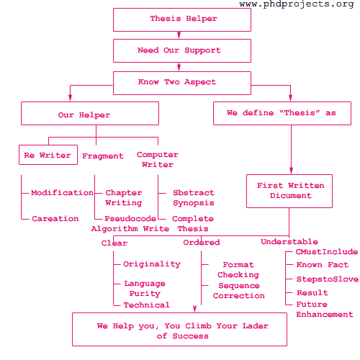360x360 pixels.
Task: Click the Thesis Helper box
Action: (x=182, y=19)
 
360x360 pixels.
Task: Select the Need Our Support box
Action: (x=182, y=51)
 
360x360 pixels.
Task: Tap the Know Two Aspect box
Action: (x=182, y=83)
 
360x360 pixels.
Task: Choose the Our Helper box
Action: (x=90, y=114)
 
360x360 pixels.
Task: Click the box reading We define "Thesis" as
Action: (x=282, y=114)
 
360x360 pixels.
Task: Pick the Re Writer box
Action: (x=48, y=155)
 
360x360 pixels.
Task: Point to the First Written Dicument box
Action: (x=289, y=191)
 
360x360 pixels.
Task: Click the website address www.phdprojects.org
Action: (x=297, y=4)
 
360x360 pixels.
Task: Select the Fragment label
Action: (x=103, y=156)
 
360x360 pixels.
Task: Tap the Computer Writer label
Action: (x=158, y=160)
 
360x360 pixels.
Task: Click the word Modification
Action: (x=62, y=192)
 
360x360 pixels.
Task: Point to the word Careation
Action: (x=55, y=219)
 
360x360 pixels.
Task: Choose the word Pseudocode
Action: (x=130, y=219)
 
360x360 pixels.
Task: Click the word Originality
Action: (x=152, y=264)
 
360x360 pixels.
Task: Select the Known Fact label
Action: (x=323, y=265)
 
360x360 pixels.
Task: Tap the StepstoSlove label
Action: (x=328, y=279)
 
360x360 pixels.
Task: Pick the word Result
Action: (x=312, y=293)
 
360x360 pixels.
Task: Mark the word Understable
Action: (x=289, y=242)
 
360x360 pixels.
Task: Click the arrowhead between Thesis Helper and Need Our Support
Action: (x=179, y=35)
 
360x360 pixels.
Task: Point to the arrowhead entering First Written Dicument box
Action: (x=291, y=171)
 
